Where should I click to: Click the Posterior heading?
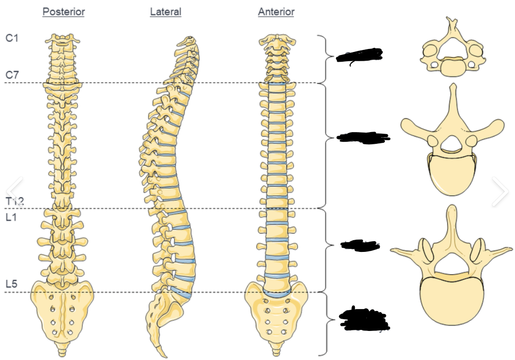coord(63,12)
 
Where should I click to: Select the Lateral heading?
coord(165,12)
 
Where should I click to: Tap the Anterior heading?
coord(276,12)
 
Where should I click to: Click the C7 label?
coord(12,75)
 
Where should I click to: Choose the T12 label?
coord(15,201)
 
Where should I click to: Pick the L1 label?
coord(11,218)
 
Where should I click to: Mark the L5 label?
coord(11,284)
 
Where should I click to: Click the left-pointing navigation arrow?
coord(15,192)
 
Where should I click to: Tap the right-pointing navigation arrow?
coord(500,192)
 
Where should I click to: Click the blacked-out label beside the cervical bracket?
coord(359,55)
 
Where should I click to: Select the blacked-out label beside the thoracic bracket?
coord(363,137)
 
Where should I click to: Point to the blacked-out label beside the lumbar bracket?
coord(360,245)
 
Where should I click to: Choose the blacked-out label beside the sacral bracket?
coord(364,319)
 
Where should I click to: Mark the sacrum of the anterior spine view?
coord(276,316)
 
